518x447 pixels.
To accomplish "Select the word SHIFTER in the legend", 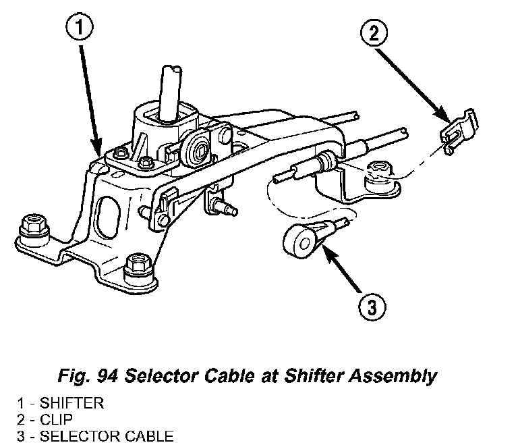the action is pyautogui.click(x=72, y=404).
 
